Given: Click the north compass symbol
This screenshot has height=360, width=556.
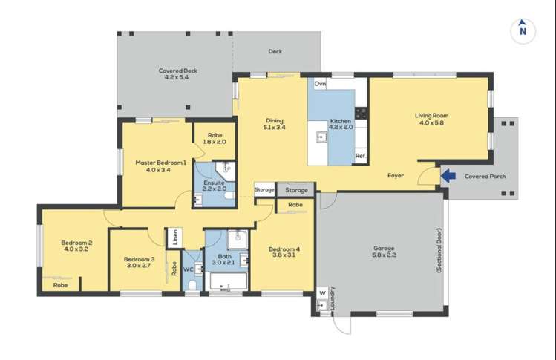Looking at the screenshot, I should [523, 30].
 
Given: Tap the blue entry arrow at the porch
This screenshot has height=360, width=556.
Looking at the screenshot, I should [449, 176].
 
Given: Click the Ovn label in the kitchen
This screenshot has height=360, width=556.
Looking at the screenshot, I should [320, 85].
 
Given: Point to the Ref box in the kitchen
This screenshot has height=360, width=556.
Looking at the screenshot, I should [360, 156].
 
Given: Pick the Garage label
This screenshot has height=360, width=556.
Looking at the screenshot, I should [384, 249].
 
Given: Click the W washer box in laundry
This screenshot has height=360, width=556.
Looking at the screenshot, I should [322, 292].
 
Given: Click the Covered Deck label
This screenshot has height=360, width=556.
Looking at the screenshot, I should [177, 71].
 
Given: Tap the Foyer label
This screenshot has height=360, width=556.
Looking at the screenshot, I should [396, 176].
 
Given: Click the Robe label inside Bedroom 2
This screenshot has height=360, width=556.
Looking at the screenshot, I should [61, 284].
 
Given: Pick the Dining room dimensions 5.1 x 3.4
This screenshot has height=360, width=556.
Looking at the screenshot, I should [274, 128].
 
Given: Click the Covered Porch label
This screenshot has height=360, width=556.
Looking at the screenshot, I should [485, 177].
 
